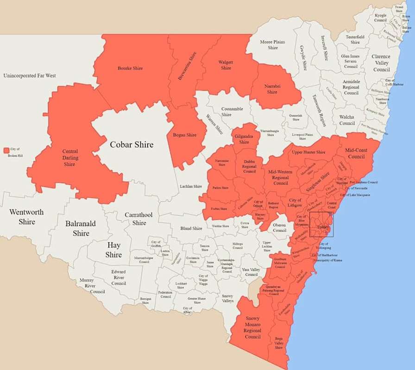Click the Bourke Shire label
130,68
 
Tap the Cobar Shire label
131,145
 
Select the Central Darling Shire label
69,158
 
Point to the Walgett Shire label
226,65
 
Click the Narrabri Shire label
271,89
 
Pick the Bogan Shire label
185,135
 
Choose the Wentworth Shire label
27,217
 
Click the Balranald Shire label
81,228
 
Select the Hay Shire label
113,250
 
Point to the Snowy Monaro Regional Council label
253,327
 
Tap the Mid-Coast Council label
356,154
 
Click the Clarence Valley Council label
381,63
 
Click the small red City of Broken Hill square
6,150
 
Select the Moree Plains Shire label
272,45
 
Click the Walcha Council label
347,120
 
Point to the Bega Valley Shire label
279,343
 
